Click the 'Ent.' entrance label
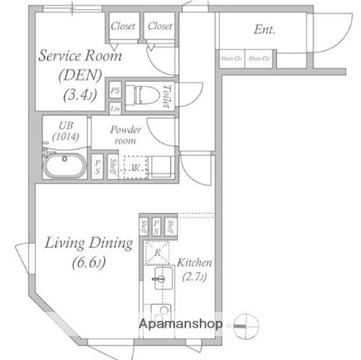(x=264, y=31)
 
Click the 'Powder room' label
(x=126, y=134)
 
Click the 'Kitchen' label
(x=195, y=263)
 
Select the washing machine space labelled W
(x=135, y=166)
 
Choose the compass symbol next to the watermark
(x=245, y=325)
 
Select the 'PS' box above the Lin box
(x=115, y=90)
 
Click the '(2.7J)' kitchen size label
(x=195, y=277)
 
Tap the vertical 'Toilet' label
(x=167, y=95)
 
